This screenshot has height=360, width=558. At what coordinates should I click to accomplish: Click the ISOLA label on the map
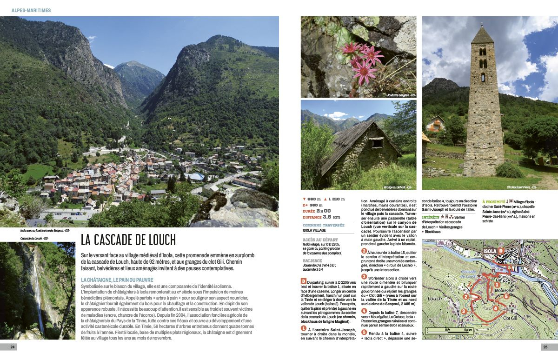point(489,251)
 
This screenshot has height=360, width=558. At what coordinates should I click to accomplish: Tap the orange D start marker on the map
point(501,251)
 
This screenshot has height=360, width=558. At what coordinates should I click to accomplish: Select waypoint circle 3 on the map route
point(463,311)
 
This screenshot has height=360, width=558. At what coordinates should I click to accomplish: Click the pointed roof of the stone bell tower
point(483,35)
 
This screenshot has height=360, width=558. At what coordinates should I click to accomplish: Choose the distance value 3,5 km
point(330,217)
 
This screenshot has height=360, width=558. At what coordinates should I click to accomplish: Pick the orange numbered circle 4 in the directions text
point(364,311)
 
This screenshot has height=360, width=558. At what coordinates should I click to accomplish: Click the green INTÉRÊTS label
point(430,217)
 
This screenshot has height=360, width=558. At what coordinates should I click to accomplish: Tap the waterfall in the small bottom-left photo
point(37,288)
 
